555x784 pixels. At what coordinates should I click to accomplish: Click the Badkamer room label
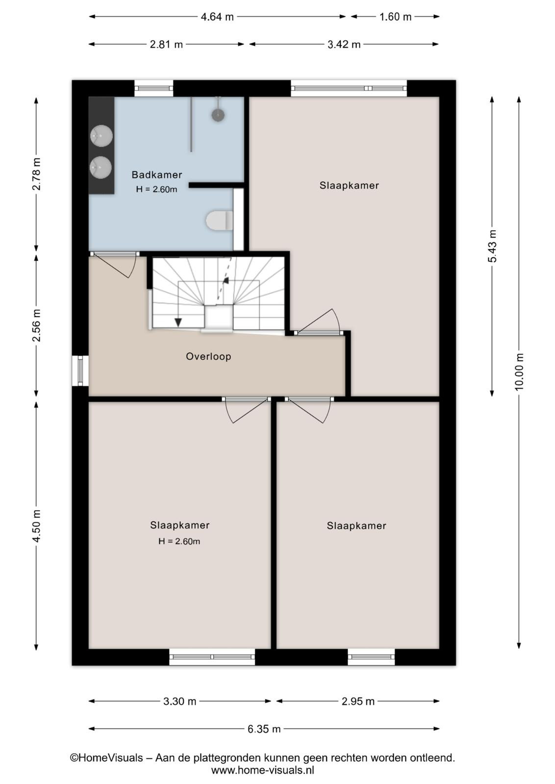pos(156,174)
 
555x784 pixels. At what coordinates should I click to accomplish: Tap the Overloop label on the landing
pos(208,356)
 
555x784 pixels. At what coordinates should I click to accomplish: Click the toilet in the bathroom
pos(220,221)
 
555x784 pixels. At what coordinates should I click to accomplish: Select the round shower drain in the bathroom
pos(218,115)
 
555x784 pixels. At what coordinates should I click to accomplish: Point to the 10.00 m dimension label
pos(519,371)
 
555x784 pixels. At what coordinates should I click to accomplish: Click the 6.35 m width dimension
pos(264,729)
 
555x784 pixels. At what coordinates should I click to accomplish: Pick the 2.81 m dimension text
pos(166,45)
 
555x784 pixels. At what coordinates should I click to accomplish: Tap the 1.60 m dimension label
pos(395,17)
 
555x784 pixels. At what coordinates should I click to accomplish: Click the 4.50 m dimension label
pos(36,526)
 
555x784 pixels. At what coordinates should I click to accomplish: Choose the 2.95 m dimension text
pos(358,701)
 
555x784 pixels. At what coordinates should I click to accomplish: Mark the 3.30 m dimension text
pos(179,701)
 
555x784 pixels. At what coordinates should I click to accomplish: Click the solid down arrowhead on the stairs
pos(178,322)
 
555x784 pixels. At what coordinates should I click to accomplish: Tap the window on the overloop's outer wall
pos(80,371)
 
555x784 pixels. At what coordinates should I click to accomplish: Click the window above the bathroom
pos(154,89)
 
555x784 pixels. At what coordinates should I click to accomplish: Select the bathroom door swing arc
pos(132,268)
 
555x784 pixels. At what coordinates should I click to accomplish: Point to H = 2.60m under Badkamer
pos(156,189)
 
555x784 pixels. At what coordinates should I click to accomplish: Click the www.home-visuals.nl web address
pos(263,770)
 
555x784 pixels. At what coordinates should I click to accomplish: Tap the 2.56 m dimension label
pos(36,325)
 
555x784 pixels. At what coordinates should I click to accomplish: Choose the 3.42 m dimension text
pos(344,45)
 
